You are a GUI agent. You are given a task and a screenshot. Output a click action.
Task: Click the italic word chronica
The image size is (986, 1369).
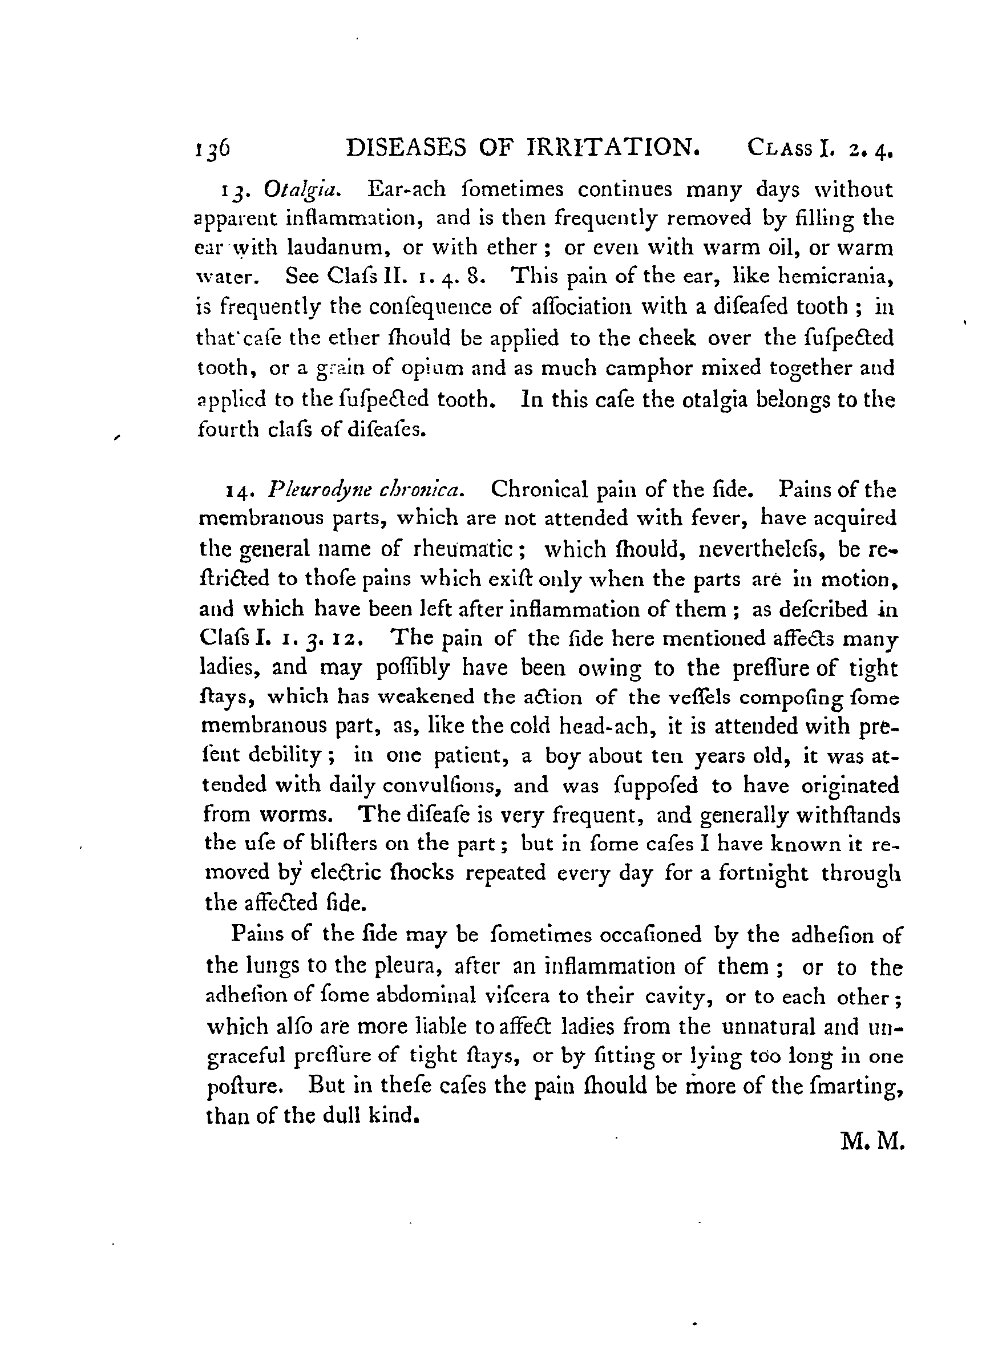pyautogui.click(x=420, y=489)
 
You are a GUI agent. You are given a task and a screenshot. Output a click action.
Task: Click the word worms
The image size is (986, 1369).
pyautogui.click(x=295, y=815)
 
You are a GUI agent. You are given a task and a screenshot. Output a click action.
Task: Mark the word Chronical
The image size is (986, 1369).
pyautogui.click(x=539, y=489)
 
